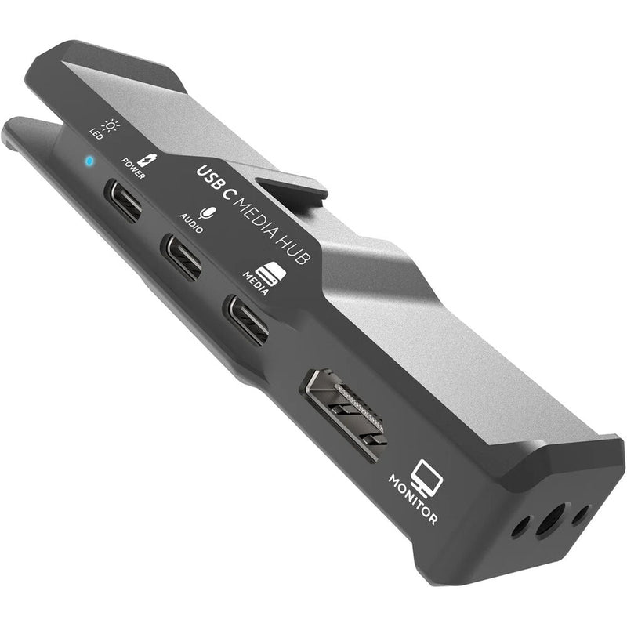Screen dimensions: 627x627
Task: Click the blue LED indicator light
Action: tap(89, 161)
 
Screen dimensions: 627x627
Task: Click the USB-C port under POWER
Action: tap(125, 202)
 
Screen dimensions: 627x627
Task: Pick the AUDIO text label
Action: tap(191, 222)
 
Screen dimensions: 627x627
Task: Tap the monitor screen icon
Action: tap(429, 474)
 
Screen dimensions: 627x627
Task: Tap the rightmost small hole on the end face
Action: tap(580, 515)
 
